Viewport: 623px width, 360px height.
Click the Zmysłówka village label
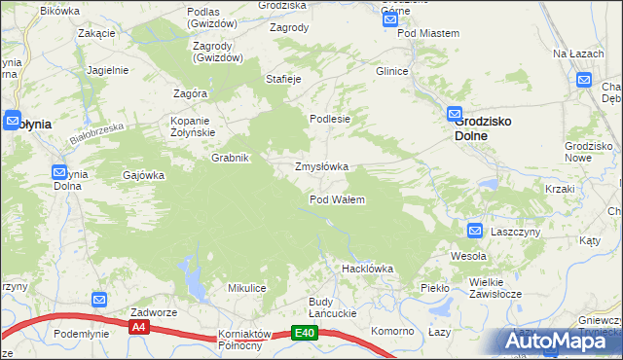(x=321, y=166)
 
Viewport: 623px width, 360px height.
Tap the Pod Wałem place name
(x=337, y=199)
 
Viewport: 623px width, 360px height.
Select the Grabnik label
(x=232, y=158)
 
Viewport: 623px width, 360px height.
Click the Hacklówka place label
(x=366, y=268)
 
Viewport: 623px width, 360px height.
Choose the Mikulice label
(x=247, y=288)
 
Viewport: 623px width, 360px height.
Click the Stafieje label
(x=283, y=78)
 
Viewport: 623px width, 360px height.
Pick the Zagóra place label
(x=191, y=93)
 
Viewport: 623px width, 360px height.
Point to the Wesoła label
(x=467, y=256)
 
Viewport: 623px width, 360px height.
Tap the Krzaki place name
(x=559, y=188)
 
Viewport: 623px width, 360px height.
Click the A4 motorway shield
(x=138, y=328)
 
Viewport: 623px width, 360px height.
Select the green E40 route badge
(x=305, y=333)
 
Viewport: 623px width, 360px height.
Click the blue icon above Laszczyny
(x=474, y=231)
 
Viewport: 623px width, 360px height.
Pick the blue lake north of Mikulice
(x=193, y=283)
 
